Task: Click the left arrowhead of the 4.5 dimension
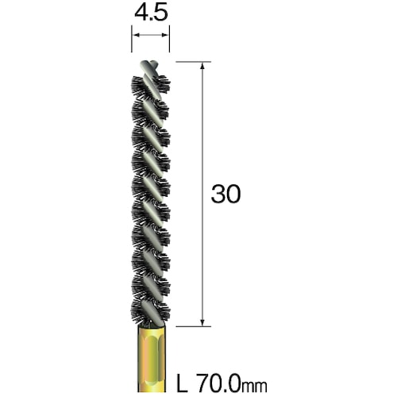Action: (135, 35)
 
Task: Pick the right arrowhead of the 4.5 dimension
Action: (165, 35)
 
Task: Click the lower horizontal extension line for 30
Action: (191, 326)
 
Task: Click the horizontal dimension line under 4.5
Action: (150, 35)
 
